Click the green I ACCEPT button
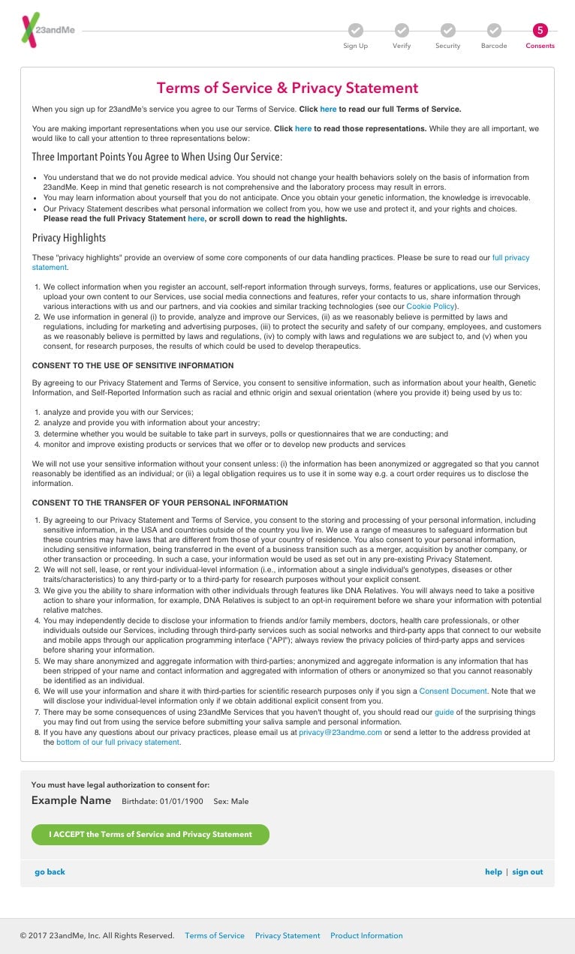(x=150, y=834)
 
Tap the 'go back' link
(x=50, y=871)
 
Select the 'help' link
(x=493, y=871)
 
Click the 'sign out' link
(x=527, y=871)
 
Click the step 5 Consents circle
(x=540, y=30)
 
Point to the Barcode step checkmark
(x=494, y=30)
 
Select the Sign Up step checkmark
(x=356, y=30)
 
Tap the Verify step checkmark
(x=402, y=30)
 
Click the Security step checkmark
(x=448, y=30)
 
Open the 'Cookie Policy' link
(x=430, y=306)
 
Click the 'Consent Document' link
(x=453, y=691)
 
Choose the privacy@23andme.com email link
(x=340, y=732)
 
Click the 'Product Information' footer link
(x=366, y=935)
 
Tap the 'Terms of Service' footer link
(x=215, y=935)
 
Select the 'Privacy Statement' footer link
(x=287, y=935)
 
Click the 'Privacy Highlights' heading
(x=69, y=238)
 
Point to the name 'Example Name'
(x=71, y=800)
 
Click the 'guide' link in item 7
(x=444, y=711)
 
